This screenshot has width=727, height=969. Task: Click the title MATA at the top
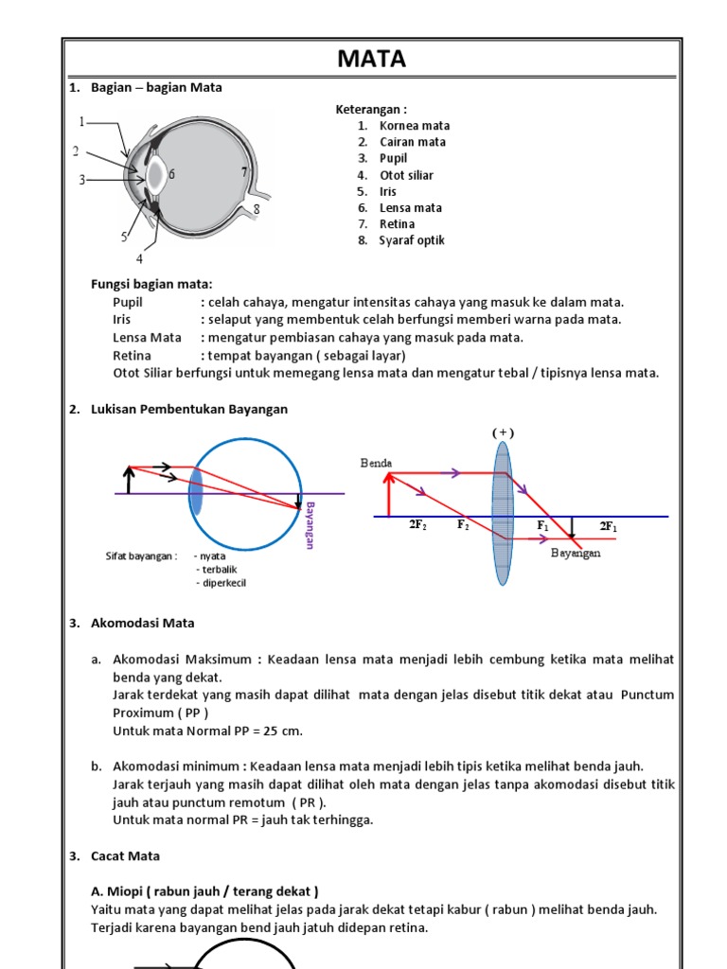click(x=372, y=60)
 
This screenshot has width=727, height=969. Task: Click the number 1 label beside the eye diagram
click(x=81, y=122)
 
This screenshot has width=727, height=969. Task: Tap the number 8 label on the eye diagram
click(x=255, y=208)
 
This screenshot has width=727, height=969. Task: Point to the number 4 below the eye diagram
click(x=140, y=258)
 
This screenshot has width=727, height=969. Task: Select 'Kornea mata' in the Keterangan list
click(x=415, y=126)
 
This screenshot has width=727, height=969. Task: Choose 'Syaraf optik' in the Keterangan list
click(x=412, y=240)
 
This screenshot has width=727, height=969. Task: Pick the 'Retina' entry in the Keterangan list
click(x=398, y=224)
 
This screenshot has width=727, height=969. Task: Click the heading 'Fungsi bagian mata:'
click(x=151, y=285)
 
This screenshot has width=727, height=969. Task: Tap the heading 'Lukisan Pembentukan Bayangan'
click(x=189, y=410)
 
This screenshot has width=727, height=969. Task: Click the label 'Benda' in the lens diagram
click(x=376, y=463)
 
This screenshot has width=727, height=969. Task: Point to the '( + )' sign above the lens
click(x=502, y=432)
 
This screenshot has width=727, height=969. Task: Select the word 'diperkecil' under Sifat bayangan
click(x=221, y=582)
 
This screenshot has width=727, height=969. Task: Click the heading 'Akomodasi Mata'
click(x=143, y=624)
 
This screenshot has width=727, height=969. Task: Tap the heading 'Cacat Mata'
click(x=126, y=856)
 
